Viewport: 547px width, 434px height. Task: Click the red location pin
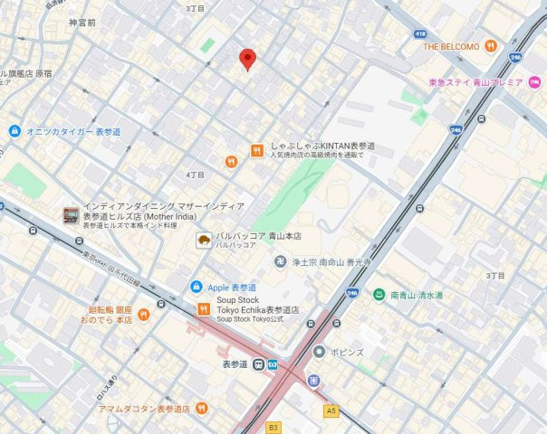(x=247, y=59)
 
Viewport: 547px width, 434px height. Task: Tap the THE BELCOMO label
(x=452, y=46)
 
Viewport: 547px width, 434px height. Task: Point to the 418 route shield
(x=420, y=33)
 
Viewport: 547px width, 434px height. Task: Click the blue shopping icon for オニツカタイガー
(x=14, y=131)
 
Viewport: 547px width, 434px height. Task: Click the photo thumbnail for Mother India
(x=71, y=215)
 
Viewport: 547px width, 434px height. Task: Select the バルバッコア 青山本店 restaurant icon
(x=205, y=240)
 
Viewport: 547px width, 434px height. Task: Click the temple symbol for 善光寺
(x=281, y=261)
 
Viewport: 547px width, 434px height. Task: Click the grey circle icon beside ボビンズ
(x=319, y=351)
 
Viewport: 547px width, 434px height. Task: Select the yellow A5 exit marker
(x=331, y=411)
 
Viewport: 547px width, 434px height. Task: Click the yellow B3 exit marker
(x=273, y=426)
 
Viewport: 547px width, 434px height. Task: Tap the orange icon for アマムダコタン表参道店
(x=201, y=409)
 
